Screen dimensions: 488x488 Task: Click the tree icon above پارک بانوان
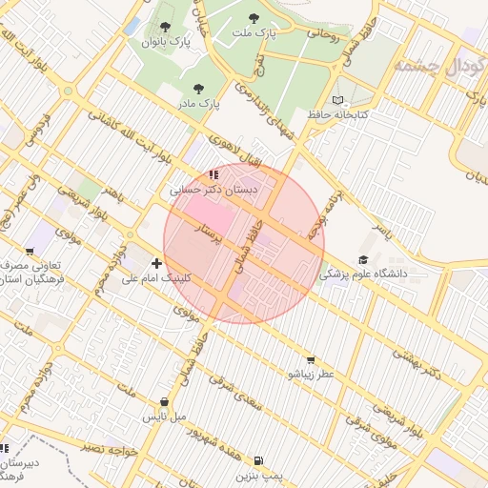[x=167, y=27]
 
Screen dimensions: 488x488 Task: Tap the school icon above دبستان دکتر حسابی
[x=214, y=174]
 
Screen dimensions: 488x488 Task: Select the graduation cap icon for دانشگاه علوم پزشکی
[x=362, y=259]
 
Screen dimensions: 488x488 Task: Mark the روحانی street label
[x=322, y=34]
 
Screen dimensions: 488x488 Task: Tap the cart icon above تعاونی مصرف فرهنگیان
[x=30, y=253]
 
